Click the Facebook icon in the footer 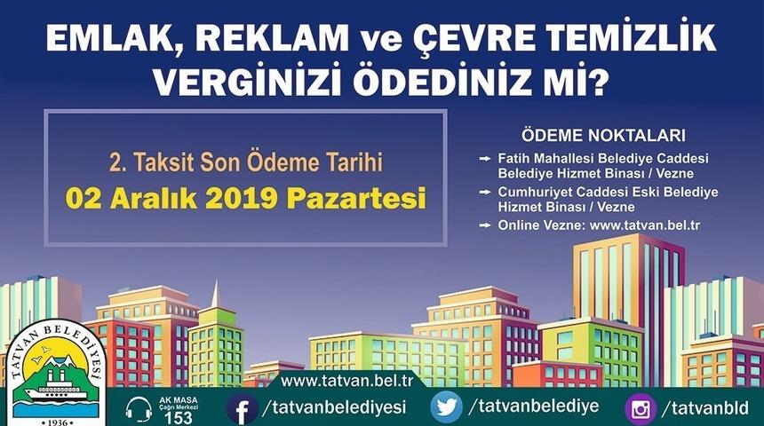pyautogui.click(x=241, y=408)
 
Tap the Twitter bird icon pyautogui.click(x=446, y=407)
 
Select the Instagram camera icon pyautogui.click(x=640, y=408)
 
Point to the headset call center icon pyautogui.click(x=139, y=409)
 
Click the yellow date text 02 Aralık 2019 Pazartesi pyautogui.click(x=245, y=196)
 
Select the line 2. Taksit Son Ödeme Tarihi pyautogui.click(x=245, y=163)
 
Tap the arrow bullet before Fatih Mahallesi pyautogui.click(x=484, y=158)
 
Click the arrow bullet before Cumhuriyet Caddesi pyautogui.click(x=484, y=192)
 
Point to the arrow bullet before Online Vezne pyautogui.click(x=484, y=225)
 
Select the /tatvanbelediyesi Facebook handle pyautogui.click(x=334, y=407)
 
